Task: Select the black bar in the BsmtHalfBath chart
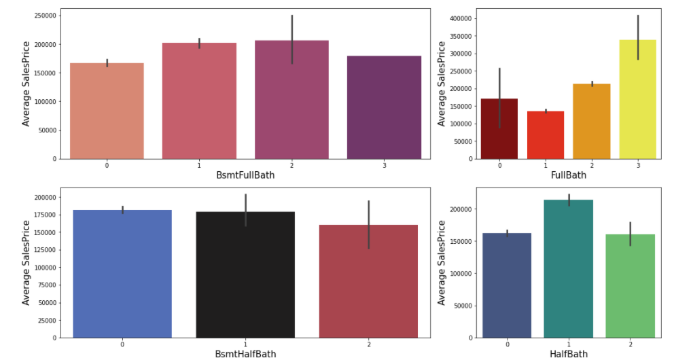tap(245, 274)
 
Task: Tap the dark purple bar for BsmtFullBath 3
tap(384, 107)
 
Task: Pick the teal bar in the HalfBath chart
tap(568, 268)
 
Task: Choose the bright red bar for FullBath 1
tap(546, 135)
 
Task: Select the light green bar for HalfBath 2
tap(630, 286)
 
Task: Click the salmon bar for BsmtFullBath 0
tap(107, 111)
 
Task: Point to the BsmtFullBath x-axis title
tap(245, 175)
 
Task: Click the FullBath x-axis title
tap(568, 175)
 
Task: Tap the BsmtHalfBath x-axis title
tap(245, 354)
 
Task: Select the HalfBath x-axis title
tap(568, 354)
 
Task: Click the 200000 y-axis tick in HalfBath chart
tap(459, 209)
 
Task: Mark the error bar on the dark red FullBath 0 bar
tap(499, 98)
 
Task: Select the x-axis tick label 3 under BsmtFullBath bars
tap(384, 165)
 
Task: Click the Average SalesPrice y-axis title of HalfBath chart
tap(442, 262)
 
